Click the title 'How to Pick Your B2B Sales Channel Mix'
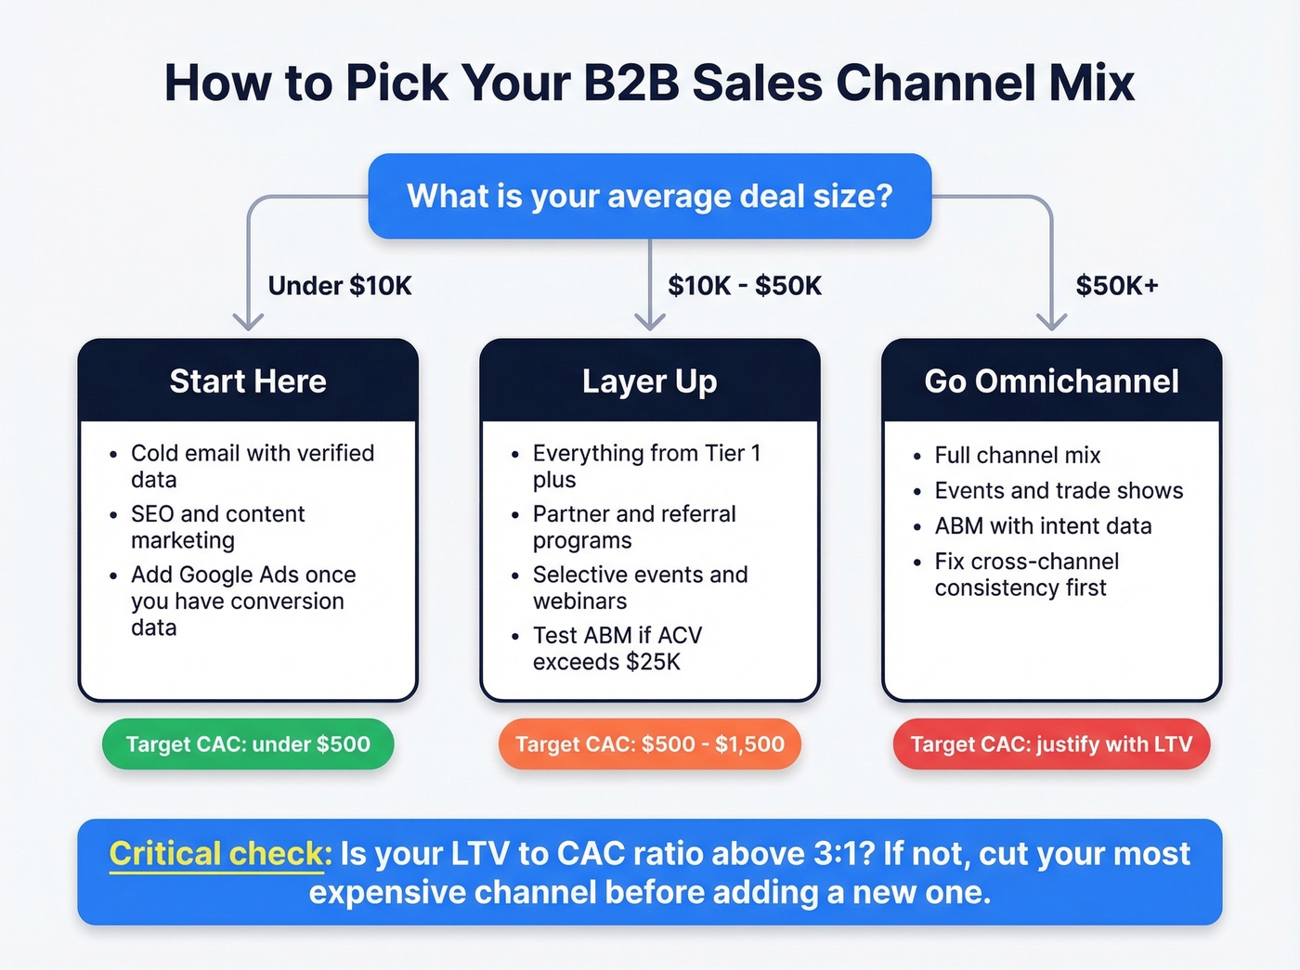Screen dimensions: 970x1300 pyautogui.click(x=649, y=83)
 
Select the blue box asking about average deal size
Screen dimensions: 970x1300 pyautogui.click(x=649, y=196)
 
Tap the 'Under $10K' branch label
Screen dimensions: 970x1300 pyautogui.click(x=340, y=286)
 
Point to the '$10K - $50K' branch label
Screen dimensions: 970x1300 pyautogui.click(x=745, y=286)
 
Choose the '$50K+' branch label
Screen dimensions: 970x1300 pyautogui.click(x=1117, y=286)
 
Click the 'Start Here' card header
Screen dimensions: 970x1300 pyautogui.click(x=248, y=382)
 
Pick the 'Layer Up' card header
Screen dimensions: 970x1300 pyautogui.click(x=649, y=382)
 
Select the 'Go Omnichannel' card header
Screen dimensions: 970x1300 pyautogui.click(x=1051, y=382)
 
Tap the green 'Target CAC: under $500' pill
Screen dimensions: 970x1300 pyautogui.click(x=248, y=744)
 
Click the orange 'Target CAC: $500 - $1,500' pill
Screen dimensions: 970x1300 pyautogui.click(x=649, y=744)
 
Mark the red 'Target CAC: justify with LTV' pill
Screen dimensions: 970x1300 pyautogui.click(x=1051, y=744)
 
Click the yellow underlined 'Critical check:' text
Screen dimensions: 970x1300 pyautogui.click(x=220, y=854)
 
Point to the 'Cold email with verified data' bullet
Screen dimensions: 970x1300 pyautogui.click(x=252, y=466)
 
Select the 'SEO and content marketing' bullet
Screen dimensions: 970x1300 pyautogui.click(x=217, y=527)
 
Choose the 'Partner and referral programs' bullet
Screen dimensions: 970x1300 pyautogui.click(x=633, y=527)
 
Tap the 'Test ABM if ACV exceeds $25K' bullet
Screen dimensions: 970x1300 pyautogui.click(x=617, y=649)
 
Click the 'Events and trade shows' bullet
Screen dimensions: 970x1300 pyautogui.click(x=1059, y=491)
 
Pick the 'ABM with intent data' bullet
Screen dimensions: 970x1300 pyautogui.click(x=1043, y=526)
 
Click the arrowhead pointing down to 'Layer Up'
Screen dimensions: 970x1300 pyautogui.click(x=649, y=321)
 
